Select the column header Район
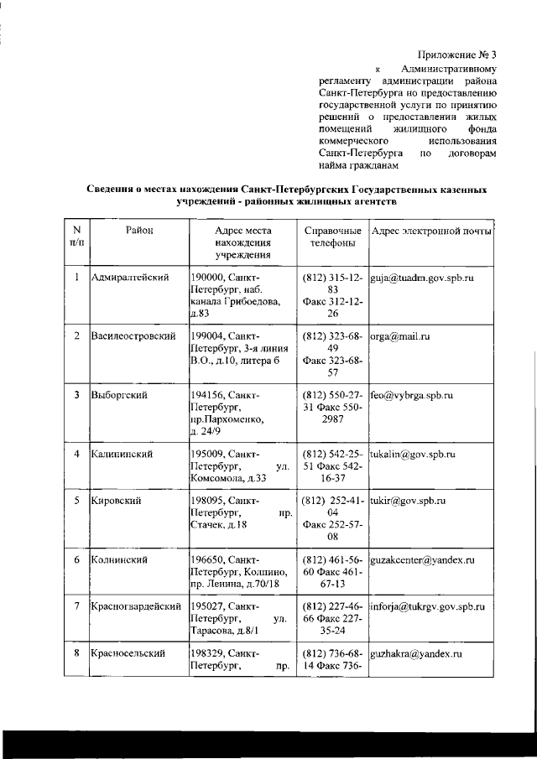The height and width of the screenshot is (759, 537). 139,230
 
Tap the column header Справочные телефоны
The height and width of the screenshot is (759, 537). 332,237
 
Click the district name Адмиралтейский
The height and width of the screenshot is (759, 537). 131,278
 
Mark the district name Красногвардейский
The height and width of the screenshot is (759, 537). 137,606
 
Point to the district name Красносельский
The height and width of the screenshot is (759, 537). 128,652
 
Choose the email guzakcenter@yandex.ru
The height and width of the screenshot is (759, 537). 422,559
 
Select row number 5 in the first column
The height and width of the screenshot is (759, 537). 76,501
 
